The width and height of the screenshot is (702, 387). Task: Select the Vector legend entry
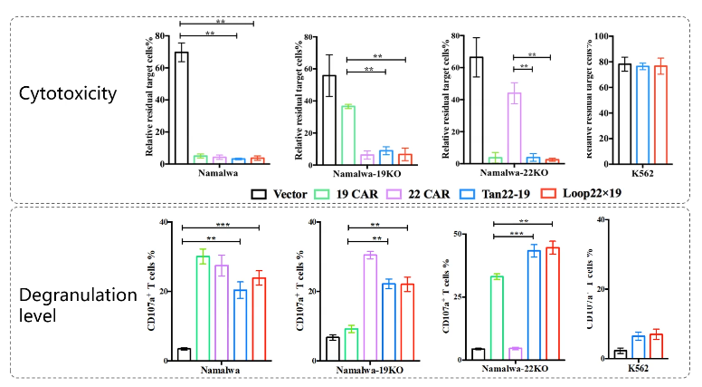pyautogui.click(x=280, y=193)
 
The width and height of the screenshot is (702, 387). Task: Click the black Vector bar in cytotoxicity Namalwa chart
pyautogui.click(x=182, y=108)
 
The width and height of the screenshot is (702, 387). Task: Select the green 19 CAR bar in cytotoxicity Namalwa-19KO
pyautogui.click(x=348, y=135)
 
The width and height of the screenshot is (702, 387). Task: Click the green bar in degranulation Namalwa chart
pyautogui.click(x=203, y=308)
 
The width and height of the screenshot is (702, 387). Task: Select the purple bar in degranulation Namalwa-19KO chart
pyautogui.click(x=370, y=307)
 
